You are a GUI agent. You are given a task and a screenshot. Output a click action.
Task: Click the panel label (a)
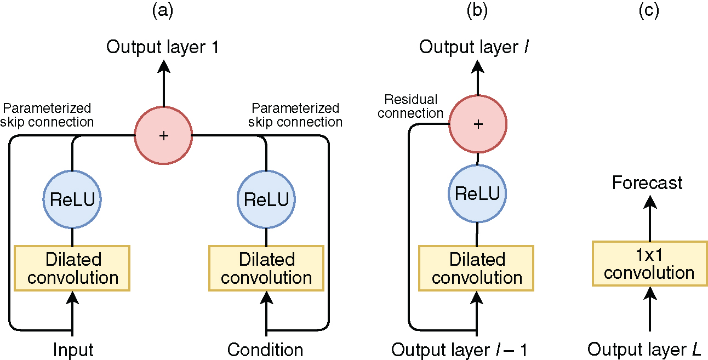(162, 12)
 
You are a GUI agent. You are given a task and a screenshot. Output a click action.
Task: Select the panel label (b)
(476, 12)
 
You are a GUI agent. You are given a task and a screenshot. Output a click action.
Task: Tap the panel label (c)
(649, 12)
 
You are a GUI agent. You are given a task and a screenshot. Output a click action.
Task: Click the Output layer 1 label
(163, 47)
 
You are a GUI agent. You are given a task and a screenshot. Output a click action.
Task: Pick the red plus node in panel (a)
(163, 135)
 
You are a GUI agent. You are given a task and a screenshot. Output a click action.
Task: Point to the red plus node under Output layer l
(478, 124)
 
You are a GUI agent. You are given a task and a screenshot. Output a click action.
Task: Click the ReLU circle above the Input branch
(72, 199)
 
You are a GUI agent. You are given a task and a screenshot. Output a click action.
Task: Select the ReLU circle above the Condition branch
(266, 199)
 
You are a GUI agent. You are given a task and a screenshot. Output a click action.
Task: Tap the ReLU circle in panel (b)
(477, 193)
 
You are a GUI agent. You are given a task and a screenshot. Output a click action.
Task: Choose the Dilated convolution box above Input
(72, 268)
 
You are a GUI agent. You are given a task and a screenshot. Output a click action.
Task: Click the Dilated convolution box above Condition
(266, 268)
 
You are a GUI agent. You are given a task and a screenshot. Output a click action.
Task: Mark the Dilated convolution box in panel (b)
(477, 268)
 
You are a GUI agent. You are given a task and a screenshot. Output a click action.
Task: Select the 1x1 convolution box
(649, 264)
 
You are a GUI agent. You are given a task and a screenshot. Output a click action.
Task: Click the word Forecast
(647, 182)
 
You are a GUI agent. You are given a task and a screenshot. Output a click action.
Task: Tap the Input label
(73, 350)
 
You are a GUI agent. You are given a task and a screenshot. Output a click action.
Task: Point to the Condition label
(265, 350)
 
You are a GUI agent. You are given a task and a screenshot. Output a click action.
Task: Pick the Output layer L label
(644, 350)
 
